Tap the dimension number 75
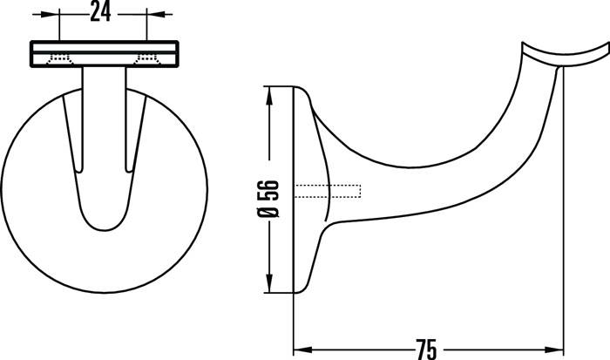pyautogui.click(x=426, y=349)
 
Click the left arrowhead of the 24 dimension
pyautogui.click(x=65, y=14)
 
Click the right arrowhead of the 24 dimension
pyautogui.click(x=141, y=14)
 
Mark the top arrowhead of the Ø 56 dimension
pyautogui.click(x=270, y=92)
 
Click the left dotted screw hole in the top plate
pyautogui.click(x=60, y=59)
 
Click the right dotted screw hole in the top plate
pyautogui.click(x=147, y=59)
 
